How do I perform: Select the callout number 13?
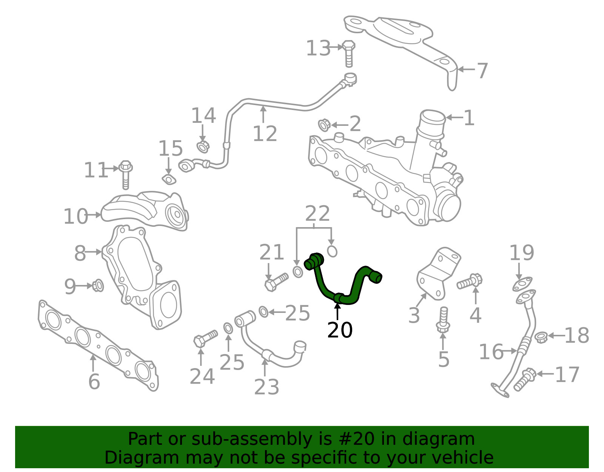318,48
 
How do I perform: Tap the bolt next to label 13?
348,54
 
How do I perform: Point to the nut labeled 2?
324,125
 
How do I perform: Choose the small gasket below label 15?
169,180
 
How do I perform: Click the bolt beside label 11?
126,175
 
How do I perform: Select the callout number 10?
75,217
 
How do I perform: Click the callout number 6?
94,382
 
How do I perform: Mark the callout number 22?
317,214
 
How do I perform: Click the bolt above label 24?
205,339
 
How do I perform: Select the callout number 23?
267,387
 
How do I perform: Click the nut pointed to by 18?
541,337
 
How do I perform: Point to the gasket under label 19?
522,284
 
